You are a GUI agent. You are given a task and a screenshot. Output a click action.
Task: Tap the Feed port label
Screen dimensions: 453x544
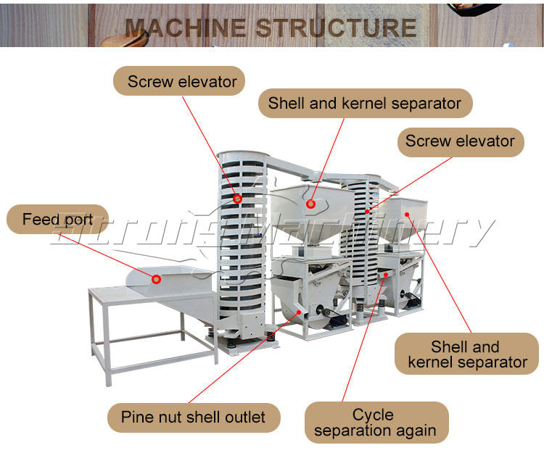[57, 219]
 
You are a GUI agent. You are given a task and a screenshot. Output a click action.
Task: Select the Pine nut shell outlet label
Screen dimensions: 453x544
[193, 417]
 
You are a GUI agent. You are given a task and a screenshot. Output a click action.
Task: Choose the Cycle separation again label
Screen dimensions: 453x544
[374, 423]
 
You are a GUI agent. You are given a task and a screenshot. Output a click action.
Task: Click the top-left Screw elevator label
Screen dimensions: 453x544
[181, 81]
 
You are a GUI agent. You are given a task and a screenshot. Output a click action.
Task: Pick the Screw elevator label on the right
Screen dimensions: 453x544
[460, 141]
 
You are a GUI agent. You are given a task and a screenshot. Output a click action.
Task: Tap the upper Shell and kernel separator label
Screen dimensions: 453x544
[364, 103]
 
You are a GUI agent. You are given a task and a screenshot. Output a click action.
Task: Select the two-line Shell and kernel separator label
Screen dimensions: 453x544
[467, 354]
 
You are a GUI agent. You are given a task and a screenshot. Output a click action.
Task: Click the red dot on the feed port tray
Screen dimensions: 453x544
[156, 278]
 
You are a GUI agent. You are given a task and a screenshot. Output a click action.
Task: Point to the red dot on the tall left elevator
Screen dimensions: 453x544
[237, 198]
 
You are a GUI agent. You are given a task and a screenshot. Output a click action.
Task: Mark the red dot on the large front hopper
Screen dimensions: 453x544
[310, 204]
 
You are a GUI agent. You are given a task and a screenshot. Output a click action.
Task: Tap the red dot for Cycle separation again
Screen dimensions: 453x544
[387, 275]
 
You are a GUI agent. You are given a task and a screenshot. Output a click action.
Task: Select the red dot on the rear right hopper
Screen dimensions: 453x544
[407, 214]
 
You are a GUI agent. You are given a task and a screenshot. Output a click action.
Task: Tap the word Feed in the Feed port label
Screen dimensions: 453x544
[38, 219]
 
